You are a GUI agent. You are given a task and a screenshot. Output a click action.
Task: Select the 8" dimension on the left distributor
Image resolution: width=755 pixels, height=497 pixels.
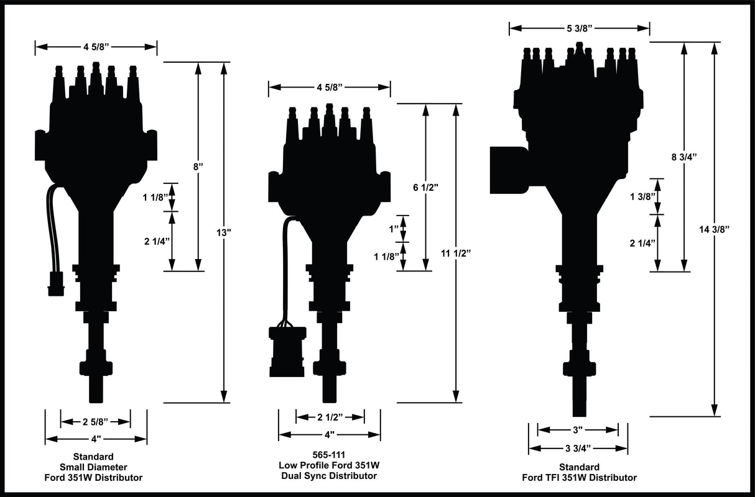[x=198, y=166]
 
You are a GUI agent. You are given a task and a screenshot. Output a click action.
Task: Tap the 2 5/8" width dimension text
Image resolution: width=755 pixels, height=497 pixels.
[x=95, y=422]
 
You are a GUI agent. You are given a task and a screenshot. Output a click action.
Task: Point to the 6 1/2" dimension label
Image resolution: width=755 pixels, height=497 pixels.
[x=425, y=187]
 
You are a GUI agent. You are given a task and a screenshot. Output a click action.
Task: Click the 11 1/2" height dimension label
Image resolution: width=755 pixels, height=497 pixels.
[x=456, y=253]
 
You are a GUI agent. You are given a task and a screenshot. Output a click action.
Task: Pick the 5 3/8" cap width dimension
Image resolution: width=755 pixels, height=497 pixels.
[x=579, y=28]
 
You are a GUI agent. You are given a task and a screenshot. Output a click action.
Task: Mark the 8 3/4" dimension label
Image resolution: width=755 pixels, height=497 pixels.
[x=684, y=157]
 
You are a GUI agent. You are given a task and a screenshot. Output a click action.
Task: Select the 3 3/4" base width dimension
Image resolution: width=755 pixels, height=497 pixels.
[x=578, y=447]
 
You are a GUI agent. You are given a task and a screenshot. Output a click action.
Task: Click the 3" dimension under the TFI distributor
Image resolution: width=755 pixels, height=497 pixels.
[x=578, y=429]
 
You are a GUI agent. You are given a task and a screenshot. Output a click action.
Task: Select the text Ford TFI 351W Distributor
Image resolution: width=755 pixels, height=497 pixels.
[x=579, y=478]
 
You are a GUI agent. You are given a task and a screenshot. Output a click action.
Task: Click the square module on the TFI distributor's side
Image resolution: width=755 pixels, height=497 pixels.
[x=509, y=170]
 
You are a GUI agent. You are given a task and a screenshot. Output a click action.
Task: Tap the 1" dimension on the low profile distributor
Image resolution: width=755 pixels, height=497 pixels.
[x=393, y=229]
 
